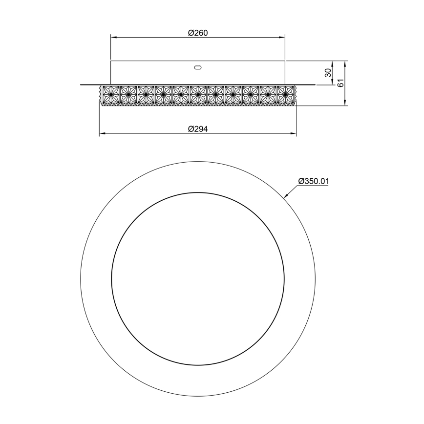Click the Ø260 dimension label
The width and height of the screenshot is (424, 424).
pos(198,33)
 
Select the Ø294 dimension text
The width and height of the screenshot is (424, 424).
pos(198,128)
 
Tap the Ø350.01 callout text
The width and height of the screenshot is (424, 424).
pos(314,181)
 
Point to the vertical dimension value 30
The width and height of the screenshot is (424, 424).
pos(328,73)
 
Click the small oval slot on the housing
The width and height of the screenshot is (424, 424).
pos(197,68)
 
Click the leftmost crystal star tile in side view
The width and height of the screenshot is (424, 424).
pos(110,93)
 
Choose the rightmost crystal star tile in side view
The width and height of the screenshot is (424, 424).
pos(285,93)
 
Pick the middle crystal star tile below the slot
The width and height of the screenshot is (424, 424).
pos(198,93)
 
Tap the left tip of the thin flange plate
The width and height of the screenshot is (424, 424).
pos(81,85)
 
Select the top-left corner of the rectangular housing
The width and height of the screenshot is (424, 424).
pos(111,61)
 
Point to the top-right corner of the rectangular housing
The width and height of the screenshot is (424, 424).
pos(285,61)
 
